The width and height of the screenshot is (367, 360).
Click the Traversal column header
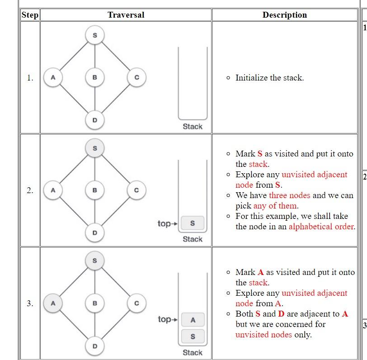click(126, 15)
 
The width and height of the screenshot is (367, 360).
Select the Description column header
click(284, 15)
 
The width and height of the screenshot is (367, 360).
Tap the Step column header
click(30, 15)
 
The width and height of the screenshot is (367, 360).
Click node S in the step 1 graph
click(94, 35)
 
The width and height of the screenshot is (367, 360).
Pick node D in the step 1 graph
click(94, 120)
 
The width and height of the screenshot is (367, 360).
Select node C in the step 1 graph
click(136, 77)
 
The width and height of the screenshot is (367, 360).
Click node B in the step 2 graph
click(94, 190)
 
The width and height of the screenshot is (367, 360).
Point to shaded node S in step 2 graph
click(94, 148)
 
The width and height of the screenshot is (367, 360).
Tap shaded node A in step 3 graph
click(53, 303)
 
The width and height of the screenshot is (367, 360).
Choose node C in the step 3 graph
click(136, 303)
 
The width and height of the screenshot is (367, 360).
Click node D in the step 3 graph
click(94, 346)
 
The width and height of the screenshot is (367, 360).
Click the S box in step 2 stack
click(193, 223)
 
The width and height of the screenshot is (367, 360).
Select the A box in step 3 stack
click(193, 320)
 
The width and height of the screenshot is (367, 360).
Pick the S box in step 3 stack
click(193, 336)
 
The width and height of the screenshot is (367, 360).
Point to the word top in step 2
click(164, 223)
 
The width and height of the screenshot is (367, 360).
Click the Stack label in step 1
click(193, 127)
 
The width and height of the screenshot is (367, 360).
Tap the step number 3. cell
click(30, 303)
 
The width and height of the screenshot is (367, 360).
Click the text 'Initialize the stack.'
click(269, 78)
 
